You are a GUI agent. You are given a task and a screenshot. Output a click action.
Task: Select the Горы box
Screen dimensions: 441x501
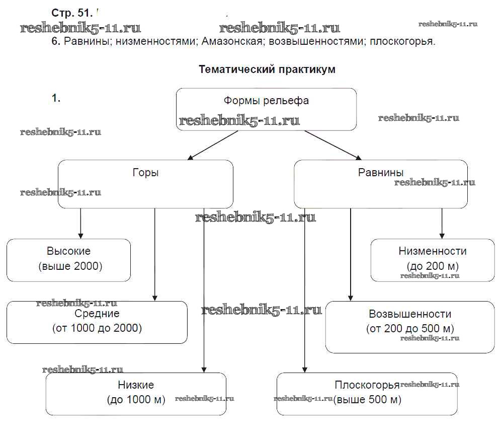pyautogui.click(x=145, y=184)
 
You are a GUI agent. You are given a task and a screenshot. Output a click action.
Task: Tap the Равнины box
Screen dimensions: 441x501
pyautogui.click(x=380, y=184)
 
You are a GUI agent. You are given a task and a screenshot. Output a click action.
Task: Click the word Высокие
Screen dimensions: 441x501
pyautogui.click(x=69, y=251)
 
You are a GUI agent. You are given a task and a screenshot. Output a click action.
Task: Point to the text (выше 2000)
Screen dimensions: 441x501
pyautogui.click(x=70, y=266)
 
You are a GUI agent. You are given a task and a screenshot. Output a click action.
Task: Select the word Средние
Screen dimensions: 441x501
pyautogui.click(x=97, y=314)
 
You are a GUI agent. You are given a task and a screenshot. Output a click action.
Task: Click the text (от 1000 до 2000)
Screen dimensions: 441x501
pyautogui.click(x=97, y=328)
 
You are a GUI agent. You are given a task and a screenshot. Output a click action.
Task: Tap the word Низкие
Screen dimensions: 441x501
pyautogui.click(x=136, y=385)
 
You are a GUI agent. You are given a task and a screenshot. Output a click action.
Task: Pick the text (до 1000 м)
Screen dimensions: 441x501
pyautogui.click(x=136, y=400)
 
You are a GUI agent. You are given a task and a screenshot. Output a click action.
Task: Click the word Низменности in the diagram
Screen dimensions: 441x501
pyautogui.click(x=433, y=251)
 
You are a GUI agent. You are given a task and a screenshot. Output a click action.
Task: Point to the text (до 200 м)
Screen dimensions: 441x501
pyautogui.click(x=433, y=266)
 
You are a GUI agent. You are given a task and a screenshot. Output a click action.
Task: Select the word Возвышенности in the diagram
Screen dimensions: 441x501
pyautogui.click(x=410, y=314)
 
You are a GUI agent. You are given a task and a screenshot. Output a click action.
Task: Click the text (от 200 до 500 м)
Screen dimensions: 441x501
pyautogui.click(x=410, y=329)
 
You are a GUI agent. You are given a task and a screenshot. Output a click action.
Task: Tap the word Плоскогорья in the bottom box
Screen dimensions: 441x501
pyautogui.click(x=367, y=385)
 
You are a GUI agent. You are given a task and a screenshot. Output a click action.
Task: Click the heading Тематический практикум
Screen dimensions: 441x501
pyautogui.click(x=267, y=69)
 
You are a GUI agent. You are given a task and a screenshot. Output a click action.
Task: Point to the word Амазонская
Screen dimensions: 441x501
pyautogui.click(x=232, y=41)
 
